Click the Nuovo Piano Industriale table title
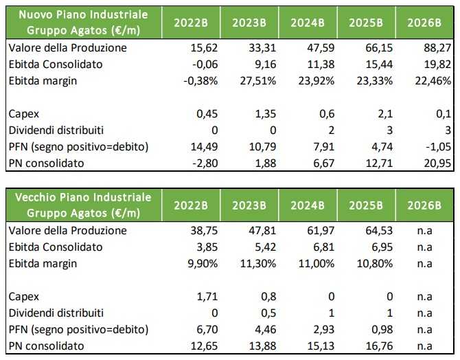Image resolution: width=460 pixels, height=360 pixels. point(82,21)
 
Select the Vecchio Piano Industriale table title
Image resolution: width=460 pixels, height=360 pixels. point(82,204)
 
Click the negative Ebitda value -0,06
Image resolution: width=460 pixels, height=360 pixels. point(200,65)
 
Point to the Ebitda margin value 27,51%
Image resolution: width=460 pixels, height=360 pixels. point(257,80)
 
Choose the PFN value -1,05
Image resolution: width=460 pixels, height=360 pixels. point(435,148)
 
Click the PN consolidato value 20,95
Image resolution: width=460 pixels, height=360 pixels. point(437,164)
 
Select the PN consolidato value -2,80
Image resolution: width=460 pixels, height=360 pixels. point(198,164)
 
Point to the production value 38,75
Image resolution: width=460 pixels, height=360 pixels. point(200,231)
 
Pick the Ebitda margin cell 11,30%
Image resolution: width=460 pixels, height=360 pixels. point(257,262)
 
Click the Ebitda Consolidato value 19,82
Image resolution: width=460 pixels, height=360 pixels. point(437,65)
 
